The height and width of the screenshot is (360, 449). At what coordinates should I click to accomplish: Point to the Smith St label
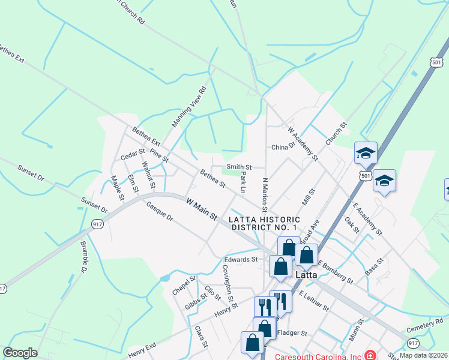coord(238,167)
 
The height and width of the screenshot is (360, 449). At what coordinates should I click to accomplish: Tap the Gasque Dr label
coord(159,211)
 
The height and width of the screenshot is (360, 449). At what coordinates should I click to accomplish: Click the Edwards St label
coord(241,260)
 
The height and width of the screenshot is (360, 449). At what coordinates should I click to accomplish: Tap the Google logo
coord(20,353)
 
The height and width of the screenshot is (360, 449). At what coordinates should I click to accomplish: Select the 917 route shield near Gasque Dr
coord(97,224)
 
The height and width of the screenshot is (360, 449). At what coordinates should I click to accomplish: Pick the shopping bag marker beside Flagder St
coord(265,328)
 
